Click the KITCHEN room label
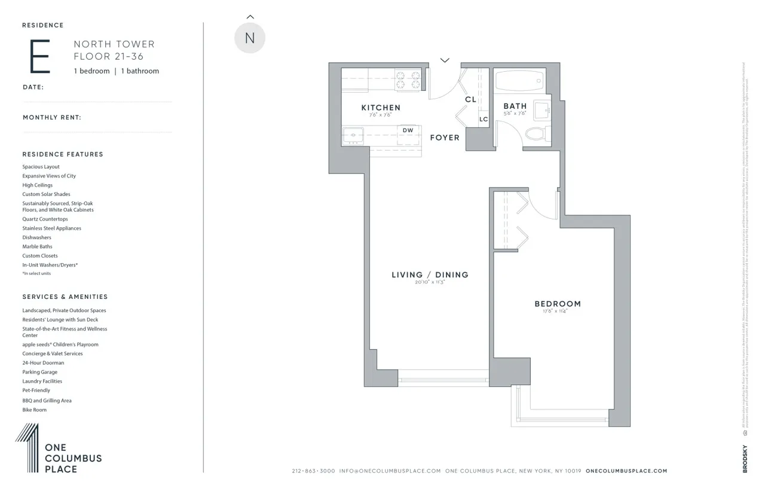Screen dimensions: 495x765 coord(381,108)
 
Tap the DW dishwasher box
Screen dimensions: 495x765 coord(408,130)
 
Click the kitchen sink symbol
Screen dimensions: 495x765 coord(354,135)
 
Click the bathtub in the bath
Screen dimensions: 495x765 coord(519,79)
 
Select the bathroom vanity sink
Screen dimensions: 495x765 coord(543,110)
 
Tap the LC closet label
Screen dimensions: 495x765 coord(484,120)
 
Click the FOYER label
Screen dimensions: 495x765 coord(445,137)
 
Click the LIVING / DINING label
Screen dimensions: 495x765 coord(430,275)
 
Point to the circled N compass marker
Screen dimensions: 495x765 coord(250,38)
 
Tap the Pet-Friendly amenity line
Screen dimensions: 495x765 coord(36,390)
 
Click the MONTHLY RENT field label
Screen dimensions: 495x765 coord(51,118)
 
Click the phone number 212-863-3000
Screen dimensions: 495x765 coord(313,471)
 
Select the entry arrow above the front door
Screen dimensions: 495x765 coord(445,60)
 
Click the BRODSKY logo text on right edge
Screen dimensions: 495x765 coord(745,459)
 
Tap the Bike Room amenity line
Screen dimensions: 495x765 coord(34,410)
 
